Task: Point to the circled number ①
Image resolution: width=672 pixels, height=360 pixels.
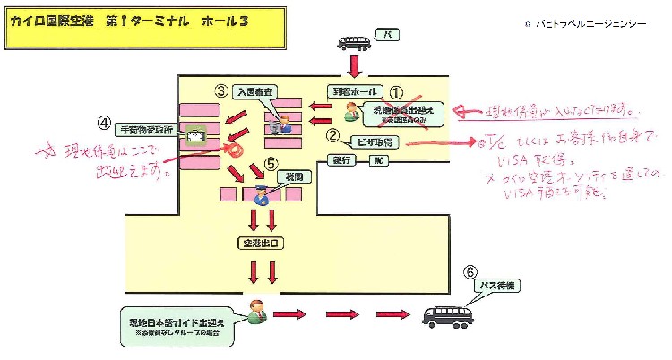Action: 396,90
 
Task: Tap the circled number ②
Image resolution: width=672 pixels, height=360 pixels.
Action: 332,135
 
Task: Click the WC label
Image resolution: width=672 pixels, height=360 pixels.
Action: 379,160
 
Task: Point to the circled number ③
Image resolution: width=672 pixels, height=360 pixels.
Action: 220,90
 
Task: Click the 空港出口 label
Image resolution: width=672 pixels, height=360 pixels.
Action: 260,242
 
